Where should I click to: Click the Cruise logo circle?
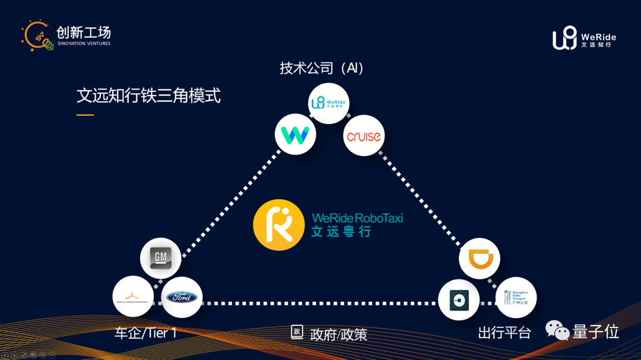coord(364,136)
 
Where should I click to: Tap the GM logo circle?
coord(160,258)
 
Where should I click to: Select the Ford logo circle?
coord(182,297)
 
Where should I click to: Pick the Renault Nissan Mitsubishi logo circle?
coord(133,297)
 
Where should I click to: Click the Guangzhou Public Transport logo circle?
coord(516,297)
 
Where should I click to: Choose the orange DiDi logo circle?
coord(480,259)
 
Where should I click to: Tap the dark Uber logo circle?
coord(459,300)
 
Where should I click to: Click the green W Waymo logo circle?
coord(295,135)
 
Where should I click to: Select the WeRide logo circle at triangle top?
coord(328,103)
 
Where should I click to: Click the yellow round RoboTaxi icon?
coord(275,225)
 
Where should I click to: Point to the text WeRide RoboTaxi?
coord(357,218)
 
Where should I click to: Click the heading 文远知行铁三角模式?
coord(148,95)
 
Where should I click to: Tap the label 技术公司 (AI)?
coord(322,68)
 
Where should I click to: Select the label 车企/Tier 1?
coord(146,333)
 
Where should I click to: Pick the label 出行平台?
coord(504,333)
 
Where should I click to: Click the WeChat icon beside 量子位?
coord(557,330)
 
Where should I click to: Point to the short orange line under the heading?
coord(85,114)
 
